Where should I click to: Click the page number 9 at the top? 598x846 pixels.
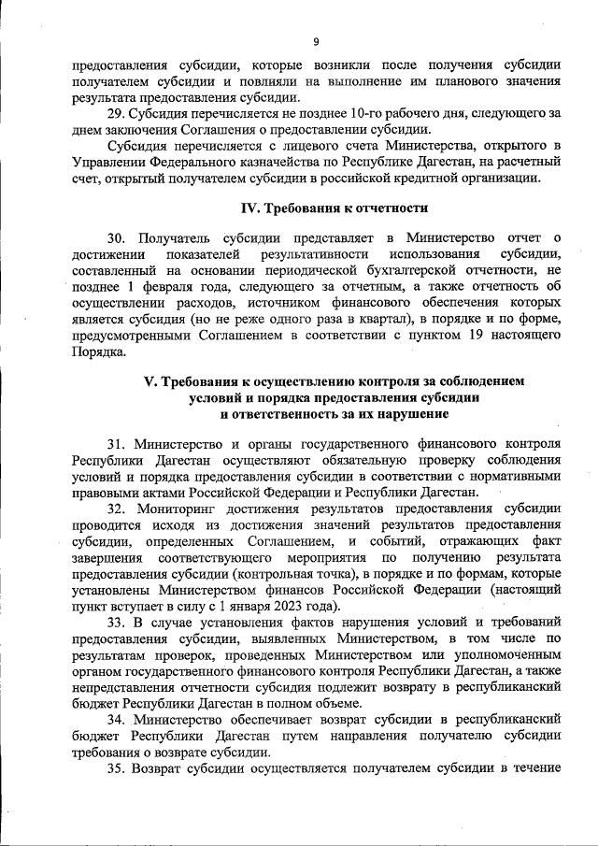tap(316, 42)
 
